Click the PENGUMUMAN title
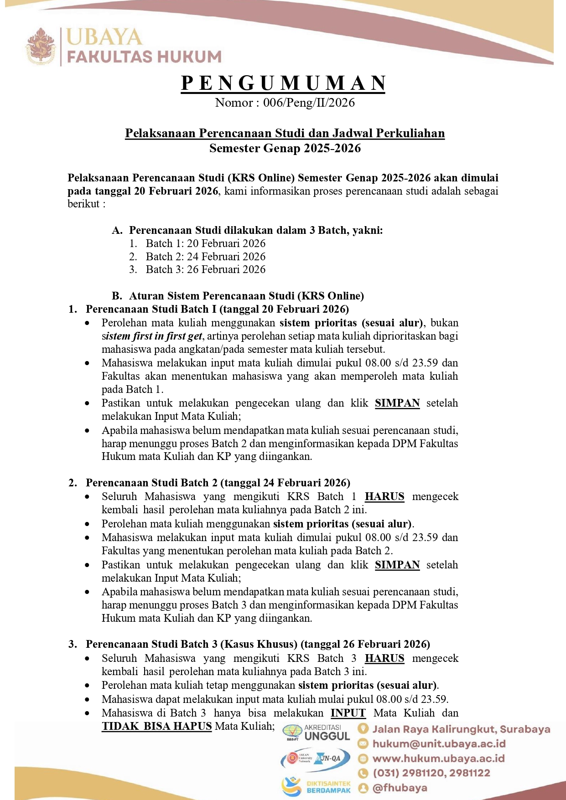click(x=283, y=83)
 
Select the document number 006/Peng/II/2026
click(x=309, y=103)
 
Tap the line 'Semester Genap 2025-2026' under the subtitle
click(x=285, y=148)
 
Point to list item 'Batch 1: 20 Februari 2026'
click(x=205, y=243)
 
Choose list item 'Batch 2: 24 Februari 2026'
click(x=205, y=257)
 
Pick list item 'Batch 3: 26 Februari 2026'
click(x=205, y=269)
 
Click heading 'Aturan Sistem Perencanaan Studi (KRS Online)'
click(x=246, y=296)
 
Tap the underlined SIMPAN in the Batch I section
click(x=397, y=403)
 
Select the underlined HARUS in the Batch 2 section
click(x=384, y=496)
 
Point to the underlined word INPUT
click(x=348, y=713)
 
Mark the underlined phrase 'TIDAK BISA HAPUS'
click(x=156, y=726)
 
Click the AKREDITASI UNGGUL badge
click(x=317, y=732)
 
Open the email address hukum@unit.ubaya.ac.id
click(x=439, y=744)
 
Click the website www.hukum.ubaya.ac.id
click(x=438, y=759)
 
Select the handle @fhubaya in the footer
click(x=400, y=788)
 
